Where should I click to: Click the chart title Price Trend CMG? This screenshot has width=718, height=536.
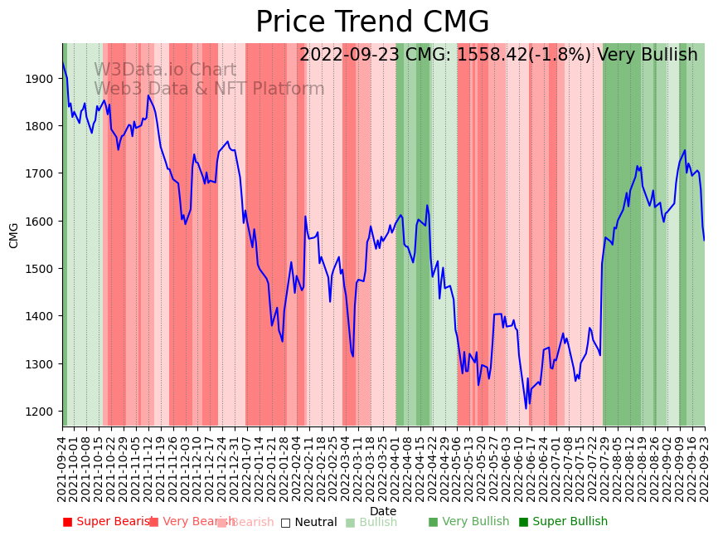tap(372, 22)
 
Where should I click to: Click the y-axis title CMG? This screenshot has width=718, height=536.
tap(14, 235)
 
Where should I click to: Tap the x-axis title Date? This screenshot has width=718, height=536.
tap(383, 511)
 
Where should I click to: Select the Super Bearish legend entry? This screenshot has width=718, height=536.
tap(108, 522)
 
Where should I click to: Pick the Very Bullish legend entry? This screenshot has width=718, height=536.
tap(468, 522)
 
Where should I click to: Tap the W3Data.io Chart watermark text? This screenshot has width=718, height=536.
tap(164, 71)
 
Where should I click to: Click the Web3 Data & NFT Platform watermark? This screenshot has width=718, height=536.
tap(209, 89)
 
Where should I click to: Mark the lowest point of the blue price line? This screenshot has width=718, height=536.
tap(526, 407)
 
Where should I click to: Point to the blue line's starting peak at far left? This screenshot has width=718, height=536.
tap(63, 63)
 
